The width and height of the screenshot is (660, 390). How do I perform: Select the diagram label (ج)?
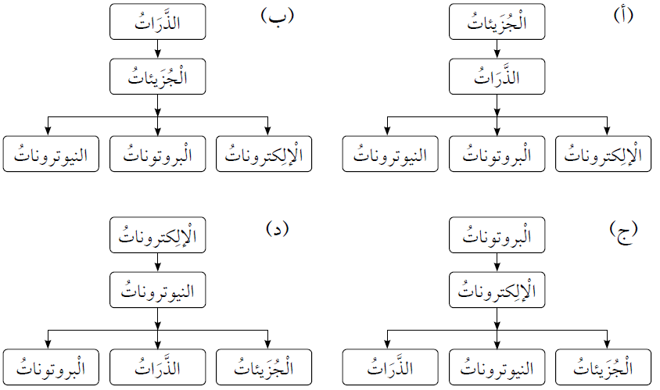(622, 229)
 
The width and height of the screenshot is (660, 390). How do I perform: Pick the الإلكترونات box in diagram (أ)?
(607, 154)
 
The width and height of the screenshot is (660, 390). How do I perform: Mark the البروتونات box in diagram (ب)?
(158, 154)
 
